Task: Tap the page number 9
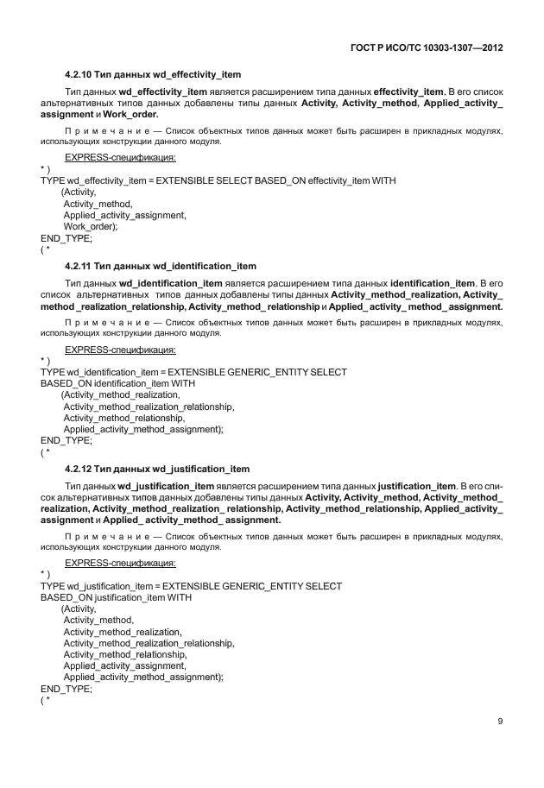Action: (x=500, y=722)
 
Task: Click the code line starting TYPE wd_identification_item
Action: (x=193, y=372)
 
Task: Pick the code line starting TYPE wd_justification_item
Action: (x=191, y=587)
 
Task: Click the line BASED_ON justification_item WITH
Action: (x=116, y=598)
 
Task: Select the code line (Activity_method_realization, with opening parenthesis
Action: (x=121, y=394)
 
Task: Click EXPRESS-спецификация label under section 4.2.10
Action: (x=120, y=157)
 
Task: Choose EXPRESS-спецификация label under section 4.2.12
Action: (x=120, y=564)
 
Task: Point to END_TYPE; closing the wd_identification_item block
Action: (x=66, y=439)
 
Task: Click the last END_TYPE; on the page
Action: (x=66, y=689)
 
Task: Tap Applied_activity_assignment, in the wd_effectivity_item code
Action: (x=124, y=215)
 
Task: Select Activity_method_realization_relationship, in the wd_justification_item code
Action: (x=149, y=643)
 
